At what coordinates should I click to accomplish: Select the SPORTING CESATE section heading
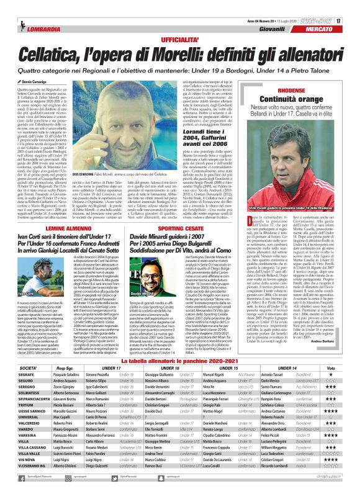pos(166,210)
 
